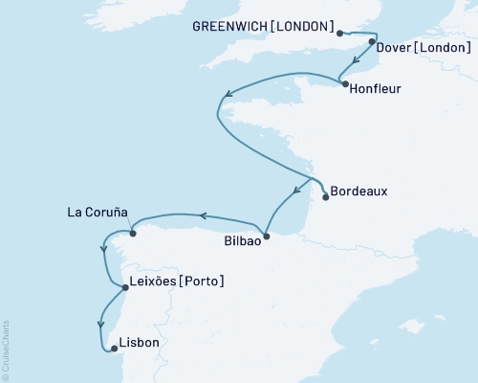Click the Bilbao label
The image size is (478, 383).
click(x=241, y=242)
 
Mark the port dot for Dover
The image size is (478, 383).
click(x=371, y=42)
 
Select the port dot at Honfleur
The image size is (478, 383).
click(x=344, y=84)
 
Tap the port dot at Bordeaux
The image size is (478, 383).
click(x=326, y=197)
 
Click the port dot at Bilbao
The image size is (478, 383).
click(x=267, y=236)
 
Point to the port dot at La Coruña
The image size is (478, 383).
click(x=133, y=233)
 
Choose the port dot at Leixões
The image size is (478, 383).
click(x=125, y=286)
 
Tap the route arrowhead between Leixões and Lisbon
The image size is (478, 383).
click(x=99, y=324)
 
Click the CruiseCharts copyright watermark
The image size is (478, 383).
click(x=7, y=350)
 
